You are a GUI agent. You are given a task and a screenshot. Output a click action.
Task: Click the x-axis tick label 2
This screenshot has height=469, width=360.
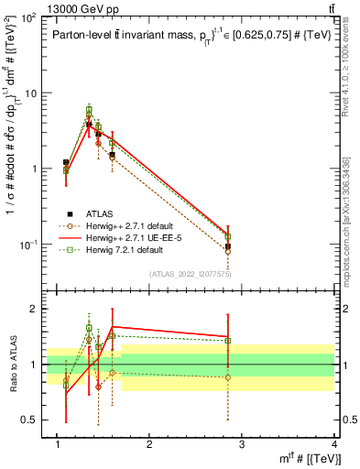tap(150, 444)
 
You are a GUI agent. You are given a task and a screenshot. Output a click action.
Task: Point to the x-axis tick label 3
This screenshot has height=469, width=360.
tap(243, 444)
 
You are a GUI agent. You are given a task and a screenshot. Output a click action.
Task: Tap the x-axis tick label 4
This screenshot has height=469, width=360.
tap(335, 444)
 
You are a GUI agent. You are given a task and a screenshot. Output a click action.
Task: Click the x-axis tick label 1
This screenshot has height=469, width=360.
tap(58, 444)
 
